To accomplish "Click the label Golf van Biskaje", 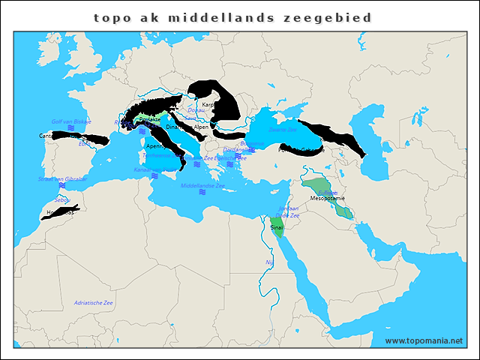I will (71, 121).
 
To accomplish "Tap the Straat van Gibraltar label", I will (63, 179).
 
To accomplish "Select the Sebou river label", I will (61, 200).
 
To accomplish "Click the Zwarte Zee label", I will (282, 130).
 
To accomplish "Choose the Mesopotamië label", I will (327, 199).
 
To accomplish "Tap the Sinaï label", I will (277, 225).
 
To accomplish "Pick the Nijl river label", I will (269, 262).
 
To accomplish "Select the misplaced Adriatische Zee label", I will (93, 302).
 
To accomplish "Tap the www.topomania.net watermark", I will (424, 341).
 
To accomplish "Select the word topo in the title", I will (110, 17).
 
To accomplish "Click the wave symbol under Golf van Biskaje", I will (70, 129).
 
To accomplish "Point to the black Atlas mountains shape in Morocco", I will (64, 212).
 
